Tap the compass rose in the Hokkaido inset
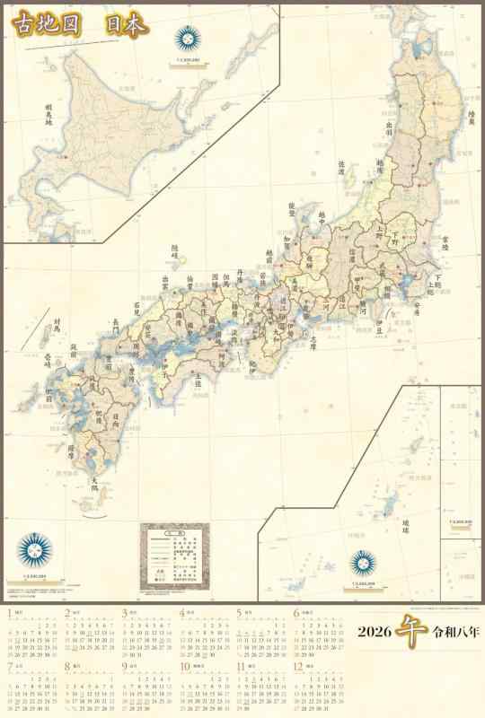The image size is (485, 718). [x=188, y=38]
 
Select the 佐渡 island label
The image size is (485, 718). [x=341, y=166]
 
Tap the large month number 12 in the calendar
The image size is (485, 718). [x=298, y=667]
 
